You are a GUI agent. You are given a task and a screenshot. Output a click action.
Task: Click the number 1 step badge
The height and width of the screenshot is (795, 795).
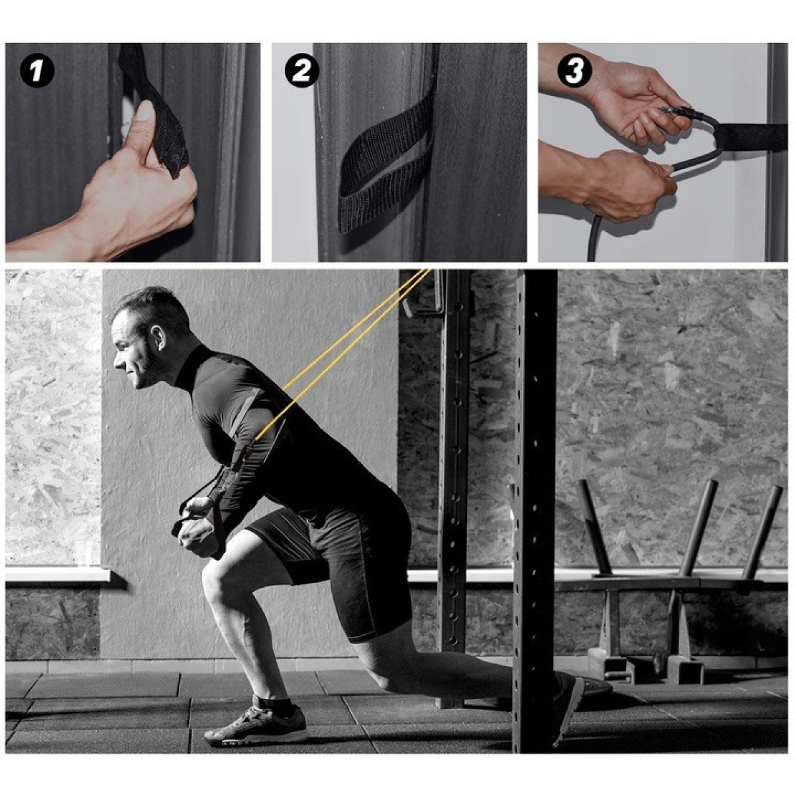click(x=37, y=72)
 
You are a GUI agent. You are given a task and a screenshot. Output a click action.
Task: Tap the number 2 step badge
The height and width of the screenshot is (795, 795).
click(x=302, y=72)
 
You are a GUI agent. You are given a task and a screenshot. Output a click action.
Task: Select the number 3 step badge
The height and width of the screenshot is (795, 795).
click(x=574, y=72)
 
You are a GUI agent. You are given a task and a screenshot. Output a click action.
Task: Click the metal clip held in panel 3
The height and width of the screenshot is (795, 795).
click(x=671, y=112)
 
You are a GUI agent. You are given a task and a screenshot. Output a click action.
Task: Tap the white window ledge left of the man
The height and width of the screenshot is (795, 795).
click(x=58, y=574)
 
